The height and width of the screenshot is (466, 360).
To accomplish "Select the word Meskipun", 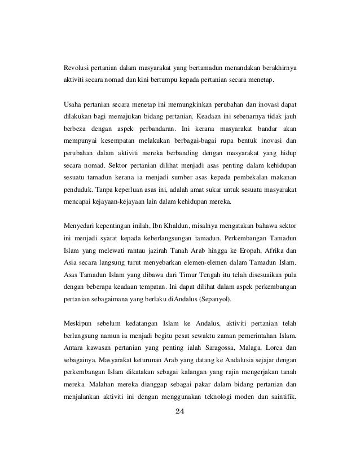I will [79, 326].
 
